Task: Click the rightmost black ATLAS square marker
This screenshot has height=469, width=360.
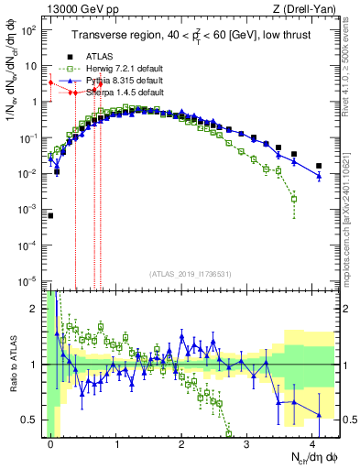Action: (x=319, y=166)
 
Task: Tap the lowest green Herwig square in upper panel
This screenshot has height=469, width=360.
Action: (x=294, y=199)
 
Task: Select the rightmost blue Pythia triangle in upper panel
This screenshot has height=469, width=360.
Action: (x=319, y=176)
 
